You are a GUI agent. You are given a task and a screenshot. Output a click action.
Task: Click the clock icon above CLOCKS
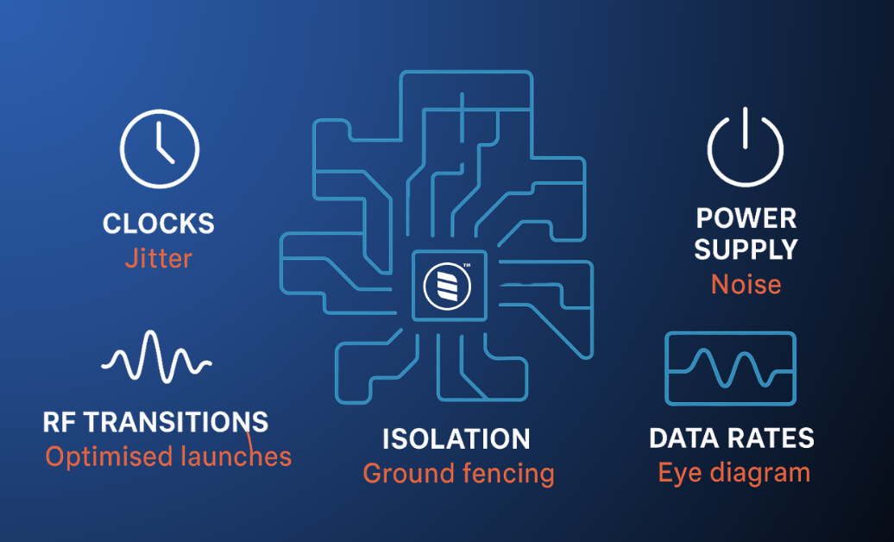click(x=160, y=148)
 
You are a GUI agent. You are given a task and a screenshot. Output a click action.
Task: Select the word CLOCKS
click(x=159, y=224)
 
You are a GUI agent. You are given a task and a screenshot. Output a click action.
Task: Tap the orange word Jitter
click(x=159, y=258)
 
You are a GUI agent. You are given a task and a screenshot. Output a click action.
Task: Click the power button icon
click(x=746, y=148)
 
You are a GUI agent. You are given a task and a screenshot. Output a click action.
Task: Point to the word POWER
click(x=746, y=217)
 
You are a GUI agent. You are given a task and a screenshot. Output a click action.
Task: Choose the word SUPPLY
click(x=746, y=249)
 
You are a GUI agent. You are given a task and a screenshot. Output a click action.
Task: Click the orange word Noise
click(x=746, y=284)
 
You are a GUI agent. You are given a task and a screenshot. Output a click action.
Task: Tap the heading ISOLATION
click(x=456, y=439)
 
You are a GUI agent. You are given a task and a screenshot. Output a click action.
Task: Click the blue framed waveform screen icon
click(x=730, y=368)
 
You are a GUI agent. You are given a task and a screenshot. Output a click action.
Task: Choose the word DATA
click(x=685, y=438)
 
